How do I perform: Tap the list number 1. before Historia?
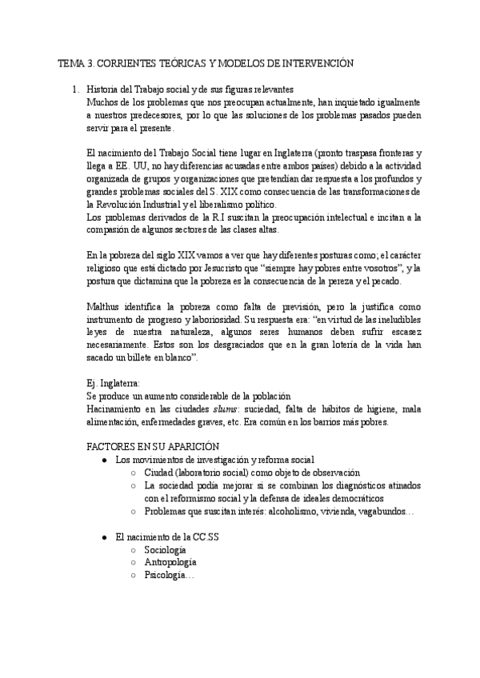(x=77, y=90)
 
